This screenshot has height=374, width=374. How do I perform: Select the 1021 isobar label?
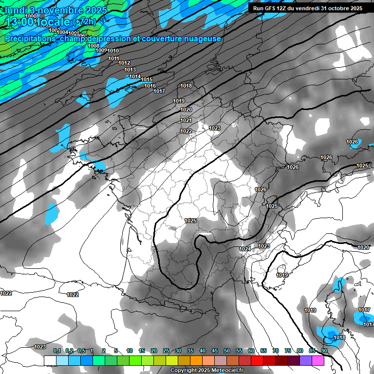tap(186, 120)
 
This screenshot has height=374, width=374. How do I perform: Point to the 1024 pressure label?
tap(245, 249)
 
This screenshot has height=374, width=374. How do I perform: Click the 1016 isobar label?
tap(150, 86)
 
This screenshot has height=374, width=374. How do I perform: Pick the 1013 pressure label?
tap(130, 70)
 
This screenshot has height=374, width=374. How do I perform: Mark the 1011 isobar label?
tap(114, 58)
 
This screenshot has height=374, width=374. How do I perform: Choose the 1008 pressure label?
tap(93, 46)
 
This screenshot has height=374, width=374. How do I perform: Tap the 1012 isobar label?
tap(124, 63)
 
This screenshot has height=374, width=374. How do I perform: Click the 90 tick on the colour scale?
tap(324, 351)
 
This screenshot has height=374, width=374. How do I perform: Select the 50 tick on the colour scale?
tap(227, 351)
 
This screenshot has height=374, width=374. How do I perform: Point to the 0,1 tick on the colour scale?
tap(57, 351)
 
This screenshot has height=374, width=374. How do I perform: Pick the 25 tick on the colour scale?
tap(166, 351)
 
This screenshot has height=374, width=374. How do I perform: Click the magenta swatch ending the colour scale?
tap(318, 360)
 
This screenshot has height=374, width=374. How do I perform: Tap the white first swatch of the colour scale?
tap(50, 360)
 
